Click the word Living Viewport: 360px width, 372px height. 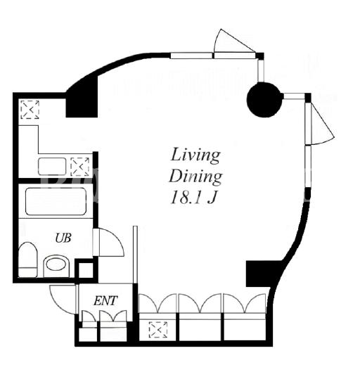(x=195, y=155)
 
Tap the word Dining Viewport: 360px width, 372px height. (x=195, y=177)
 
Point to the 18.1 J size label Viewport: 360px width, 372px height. (x=193, y=198)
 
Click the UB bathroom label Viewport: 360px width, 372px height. (x=63, y=238)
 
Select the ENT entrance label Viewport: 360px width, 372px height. (x=105, y=301)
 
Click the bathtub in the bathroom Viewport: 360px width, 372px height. (x=56, y=201)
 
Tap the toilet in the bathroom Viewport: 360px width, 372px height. (x=27, y=259)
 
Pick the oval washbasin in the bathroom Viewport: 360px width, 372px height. (x=56, y=264)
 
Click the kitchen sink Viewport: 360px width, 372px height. (x=52, y=167)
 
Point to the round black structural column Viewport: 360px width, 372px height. (x=264, y=100)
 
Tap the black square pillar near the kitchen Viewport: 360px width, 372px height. (x=82, y=103)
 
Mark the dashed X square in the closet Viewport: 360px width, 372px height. (x=158, y=329)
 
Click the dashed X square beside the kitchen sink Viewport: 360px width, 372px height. (x=80, y=167)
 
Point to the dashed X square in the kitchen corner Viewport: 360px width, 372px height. (x=30, y=110)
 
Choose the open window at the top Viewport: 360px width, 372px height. (x=235, y=44)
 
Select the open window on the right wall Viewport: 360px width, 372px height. (x=320, y=123)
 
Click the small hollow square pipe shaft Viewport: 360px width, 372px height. (x=85, y=270)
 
